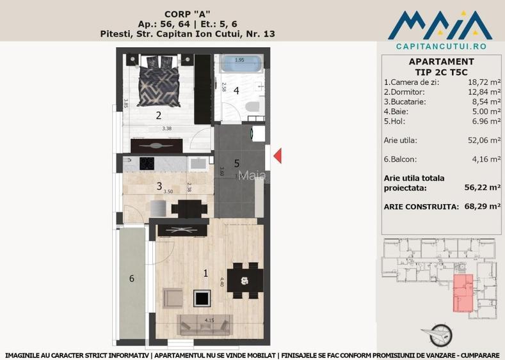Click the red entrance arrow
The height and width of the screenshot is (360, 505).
point(278,155)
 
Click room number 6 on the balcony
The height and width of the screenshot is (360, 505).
point(132,278)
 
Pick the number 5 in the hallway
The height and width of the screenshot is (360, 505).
point(236,163)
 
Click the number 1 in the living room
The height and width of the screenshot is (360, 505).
point(205,273)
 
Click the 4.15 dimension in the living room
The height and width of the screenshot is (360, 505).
point(209,318)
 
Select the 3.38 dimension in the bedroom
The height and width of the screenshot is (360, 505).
point(167,129)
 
